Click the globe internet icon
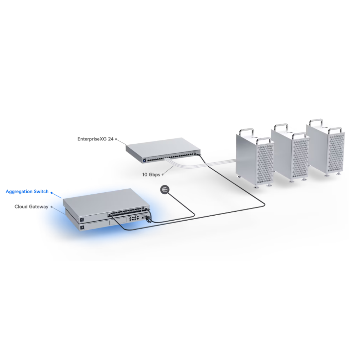[165, 189]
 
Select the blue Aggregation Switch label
[27, 192]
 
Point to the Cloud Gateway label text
[31, 207]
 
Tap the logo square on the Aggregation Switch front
[82, 219]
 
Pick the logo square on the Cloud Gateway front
[82, 228]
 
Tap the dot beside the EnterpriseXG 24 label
[116, 139]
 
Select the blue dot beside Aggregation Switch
[51, 192]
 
